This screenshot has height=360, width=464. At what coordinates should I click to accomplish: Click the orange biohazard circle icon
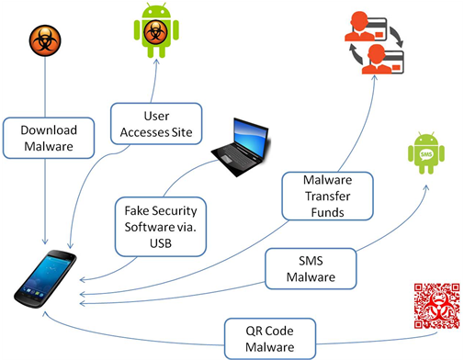pos(40,41)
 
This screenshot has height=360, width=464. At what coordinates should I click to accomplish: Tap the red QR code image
pos(434,306)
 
